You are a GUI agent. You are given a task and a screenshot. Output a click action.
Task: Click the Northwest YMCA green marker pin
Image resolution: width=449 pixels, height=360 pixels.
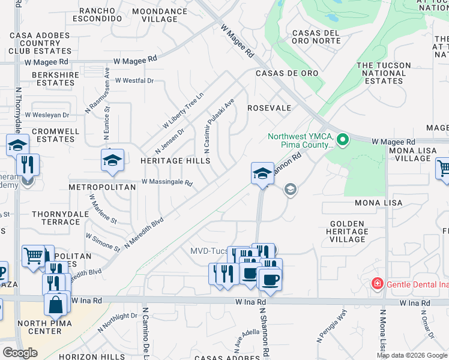(343, 140)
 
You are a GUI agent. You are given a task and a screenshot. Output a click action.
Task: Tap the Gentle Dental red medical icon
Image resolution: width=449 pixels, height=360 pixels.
(378, 283)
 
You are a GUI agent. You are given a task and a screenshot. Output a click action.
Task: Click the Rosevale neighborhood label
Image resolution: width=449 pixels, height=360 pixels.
(269, 108)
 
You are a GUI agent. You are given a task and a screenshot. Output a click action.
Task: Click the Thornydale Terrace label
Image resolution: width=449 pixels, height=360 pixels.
(56, 218)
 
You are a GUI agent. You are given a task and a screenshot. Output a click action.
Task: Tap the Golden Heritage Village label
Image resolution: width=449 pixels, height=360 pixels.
(348, 232)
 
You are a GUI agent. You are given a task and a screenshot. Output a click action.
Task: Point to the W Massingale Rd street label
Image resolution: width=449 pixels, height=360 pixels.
(167, 182)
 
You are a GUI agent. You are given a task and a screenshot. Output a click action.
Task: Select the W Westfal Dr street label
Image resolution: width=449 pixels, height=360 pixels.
(134, 80)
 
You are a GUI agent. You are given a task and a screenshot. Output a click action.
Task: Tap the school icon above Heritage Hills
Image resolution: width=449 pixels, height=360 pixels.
(112, 160)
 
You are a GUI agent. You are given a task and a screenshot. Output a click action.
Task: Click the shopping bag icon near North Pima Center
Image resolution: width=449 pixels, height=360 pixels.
(56, 304)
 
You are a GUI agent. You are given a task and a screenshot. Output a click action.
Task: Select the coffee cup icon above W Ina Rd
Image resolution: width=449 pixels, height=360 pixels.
(270, 280)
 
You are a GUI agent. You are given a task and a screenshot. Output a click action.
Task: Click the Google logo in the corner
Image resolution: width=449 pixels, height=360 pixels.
(20, 353)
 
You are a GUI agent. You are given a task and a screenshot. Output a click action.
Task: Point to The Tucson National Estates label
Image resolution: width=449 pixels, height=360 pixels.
(384, 73)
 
